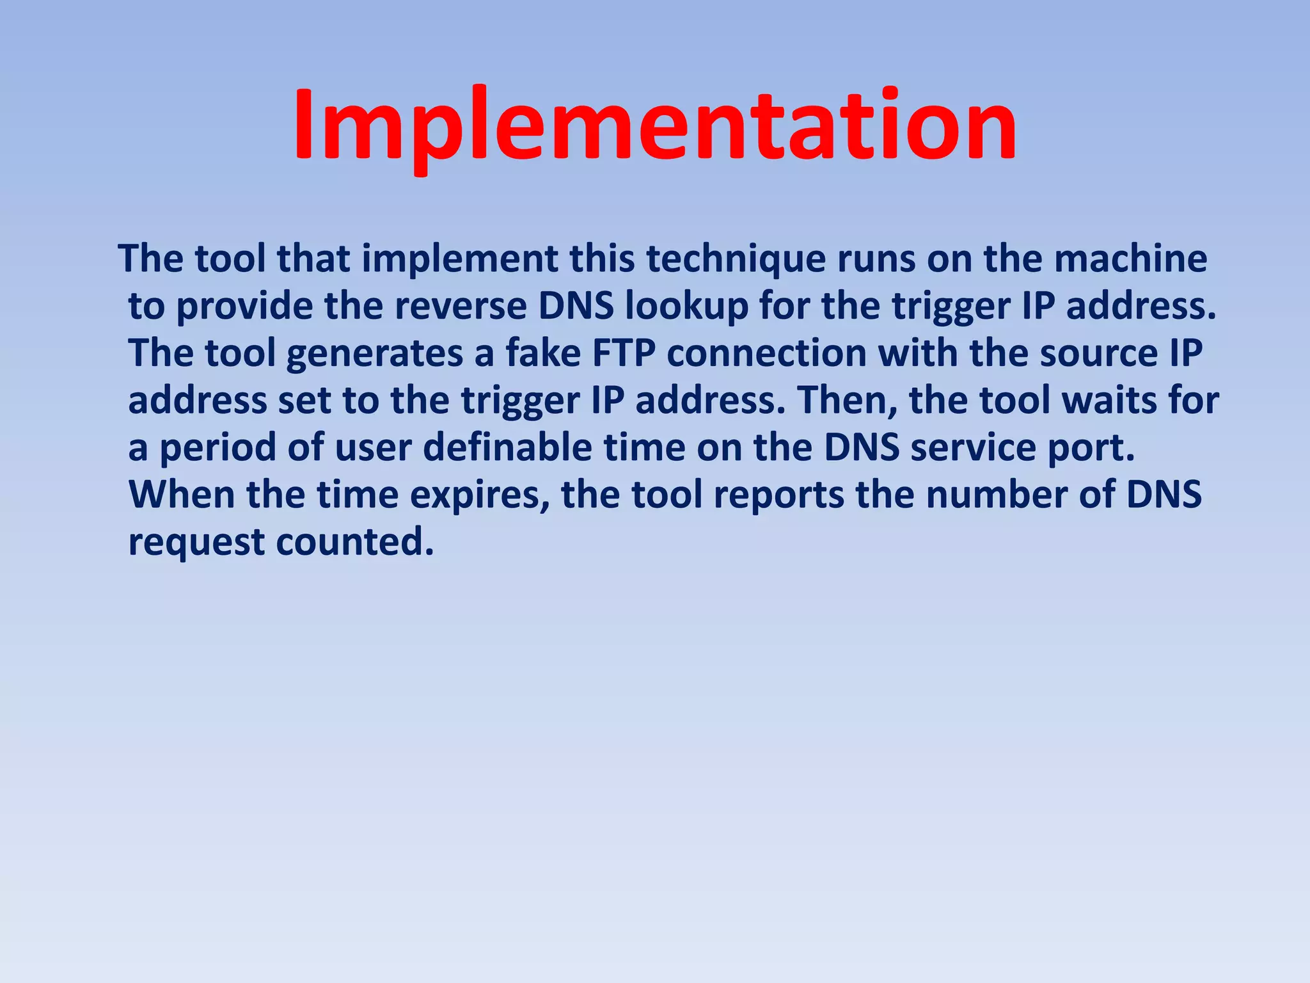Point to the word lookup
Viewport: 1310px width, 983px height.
[686, 307]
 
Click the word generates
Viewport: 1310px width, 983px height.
[374, 354]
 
